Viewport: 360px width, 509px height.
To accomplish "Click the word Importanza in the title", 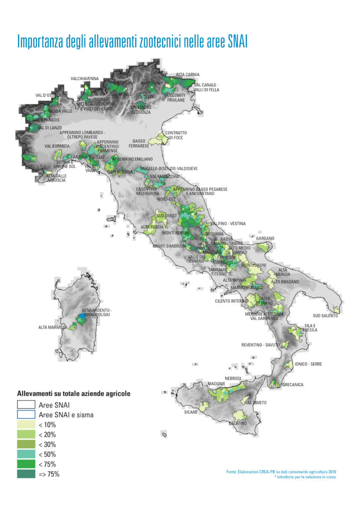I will (x=42, y=41).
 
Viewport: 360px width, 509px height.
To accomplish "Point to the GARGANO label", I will (x=265, y=238).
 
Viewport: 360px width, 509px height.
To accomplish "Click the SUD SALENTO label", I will (x=325, y=316).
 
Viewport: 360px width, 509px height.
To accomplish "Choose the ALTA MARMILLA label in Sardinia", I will (x=53, y=328).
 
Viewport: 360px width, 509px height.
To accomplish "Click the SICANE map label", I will (x=190, y=412).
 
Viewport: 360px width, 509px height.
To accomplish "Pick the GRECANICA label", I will (x=293, y=385).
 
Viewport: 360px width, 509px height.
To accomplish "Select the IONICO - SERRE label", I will (x=308, y=364).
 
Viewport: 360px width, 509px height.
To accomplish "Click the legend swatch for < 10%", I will (x=26, y=425).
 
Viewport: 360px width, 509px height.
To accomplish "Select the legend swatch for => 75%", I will (x=26, y=474).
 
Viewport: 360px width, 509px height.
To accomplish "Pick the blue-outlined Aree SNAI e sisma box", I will (x=26, y=415).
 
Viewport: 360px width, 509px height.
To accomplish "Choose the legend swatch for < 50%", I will (x=26, y=454).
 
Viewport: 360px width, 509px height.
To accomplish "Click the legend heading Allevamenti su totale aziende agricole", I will (x=74, y=393).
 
